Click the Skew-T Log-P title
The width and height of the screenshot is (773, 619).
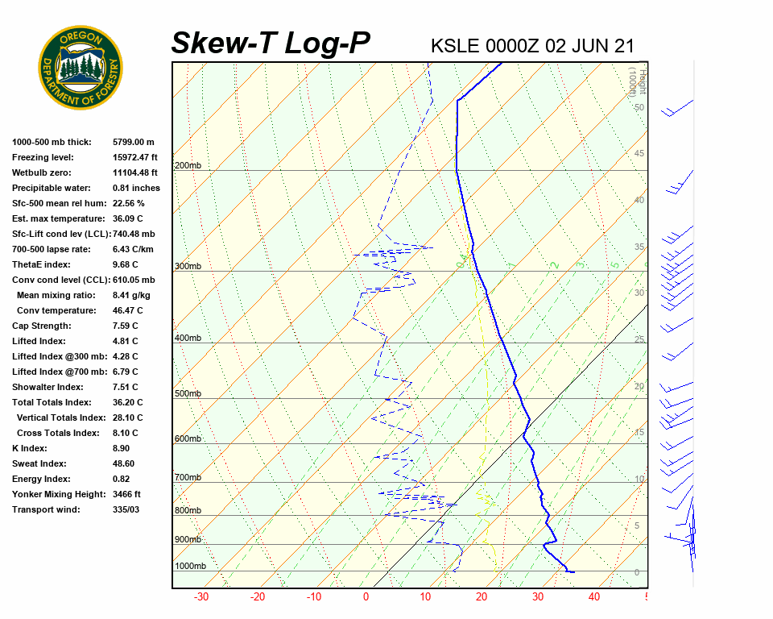coord(271,44)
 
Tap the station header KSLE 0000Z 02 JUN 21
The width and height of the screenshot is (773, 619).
coord(532,45)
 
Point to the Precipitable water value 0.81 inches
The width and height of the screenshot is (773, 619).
coord(136,188)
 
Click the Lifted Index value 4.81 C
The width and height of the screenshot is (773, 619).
coord(125,341)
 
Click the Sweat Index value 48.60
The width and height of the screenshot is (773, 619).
coord(123,463)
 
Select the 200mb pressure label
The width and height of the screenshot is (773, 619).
coord(188,166)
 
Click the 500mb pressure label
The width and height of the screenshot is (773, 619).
coord(188,394)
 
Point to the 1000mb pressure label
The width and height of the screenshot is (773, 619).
coord(190,567)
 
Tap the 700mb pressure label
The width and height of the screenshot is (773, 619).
coord(188,478)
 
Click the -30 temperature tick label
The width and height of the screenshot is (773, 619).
coord(201,597)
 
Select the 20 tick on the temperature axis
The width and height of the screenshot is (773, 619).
coord(482,597)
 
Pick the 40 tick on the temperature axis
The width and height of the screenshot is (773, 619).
coord(594,597)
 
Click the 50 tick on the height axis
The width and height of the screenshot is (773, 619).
coord(639,107)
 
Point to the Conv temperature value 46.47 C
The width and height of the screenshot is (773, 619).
coord(127,310)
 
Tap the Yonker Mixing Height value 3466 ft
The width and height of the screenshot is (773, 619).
coord(126,494)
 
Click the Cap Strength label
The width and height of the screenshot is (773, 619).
coord(41,326)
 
